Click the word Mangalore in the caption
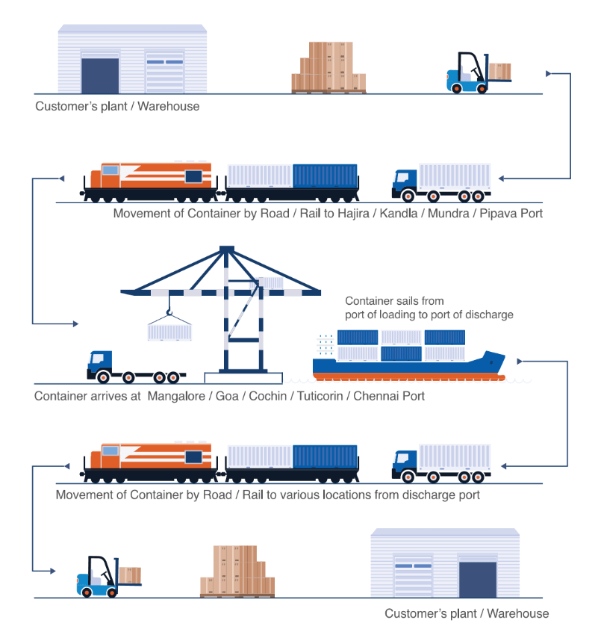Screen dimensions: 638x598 coord(177,396)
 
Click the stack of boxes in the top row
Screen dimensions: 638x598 coord(328,67)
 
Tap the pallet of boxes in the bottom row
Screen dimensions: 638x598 coord(236,572)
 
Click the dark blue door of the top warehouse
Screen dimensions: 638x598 coord(100,75)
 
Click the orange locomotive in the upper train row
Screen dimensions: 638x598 coord(149,179)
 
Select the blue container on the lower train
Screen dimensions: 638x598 coord(325,456)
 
